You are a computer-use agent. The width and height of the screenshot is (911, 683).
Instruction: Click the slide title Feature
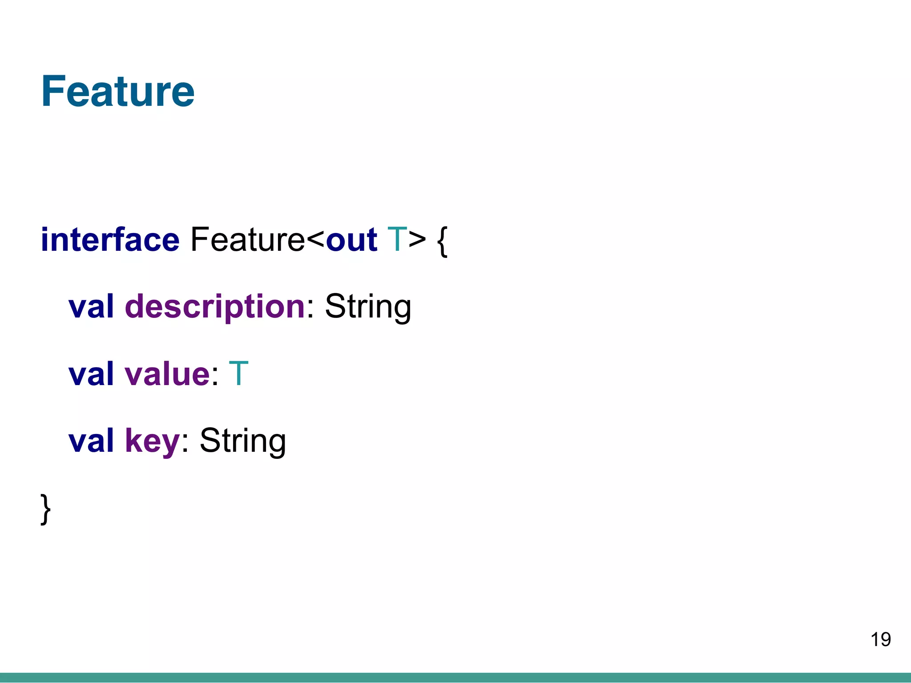point(118,91)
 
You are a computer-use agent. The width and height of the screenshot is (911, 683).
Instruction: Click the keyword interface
point(110,240)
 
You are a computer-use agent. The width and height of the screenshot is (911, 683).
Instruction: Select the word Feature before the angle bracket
point(248,240)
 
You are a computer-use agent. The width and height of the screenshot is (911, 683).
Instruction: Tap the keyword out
point(351,240)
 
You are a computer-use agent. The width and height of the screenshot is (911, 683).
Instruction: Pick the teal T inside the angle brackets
point(397,240)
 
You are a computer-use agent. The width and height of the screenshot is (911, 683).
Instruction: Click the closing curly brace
point(45,509)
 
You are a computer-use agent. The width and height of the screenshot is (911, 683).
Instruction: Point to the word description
point(215,307)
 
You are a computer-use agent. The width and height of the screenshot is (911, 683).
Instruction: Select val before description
point(91,307)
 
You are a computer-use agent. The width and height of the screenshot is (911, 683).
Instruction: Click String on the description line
point(368,307)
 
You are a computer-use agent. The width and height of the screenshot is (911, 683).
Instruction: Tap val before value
point(91,374)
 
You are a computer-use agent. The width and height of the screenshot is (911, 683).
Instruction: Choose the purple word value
point(167,374)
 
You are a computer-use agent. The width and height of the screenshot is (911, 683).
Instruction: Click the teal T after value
point(238,374)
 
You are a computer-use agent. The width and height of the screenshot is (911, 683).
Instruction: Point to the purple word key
point(152,441)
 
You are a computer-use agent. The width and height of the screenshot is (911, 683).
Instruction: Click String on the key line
point(242,441)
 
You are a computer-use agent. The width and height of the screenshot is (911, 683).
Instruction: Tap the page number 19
point(880,639)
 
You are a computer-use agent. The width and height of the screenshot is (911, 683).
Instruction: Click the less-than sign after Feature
point(316,241)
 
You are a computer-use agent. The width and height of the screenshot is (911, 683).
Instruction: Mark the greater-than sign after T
point(417,241)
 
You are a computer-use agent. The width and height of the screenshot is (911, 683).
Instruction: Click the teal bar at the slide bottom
point(455,678)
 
